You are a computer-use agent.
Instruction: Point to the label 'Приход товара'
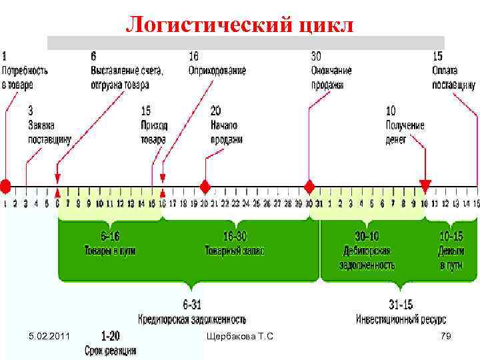pyautogui.click(x=154, y=131)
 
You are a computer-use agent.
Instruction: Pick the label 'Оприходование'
pyautogui.click(x=217, y=69)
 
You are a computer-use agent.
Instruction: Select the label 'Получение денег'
pyautogui.click(x=405, y=131)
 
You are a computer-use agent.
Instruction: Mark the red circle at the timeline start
pyautogui.click(x=5, y=185)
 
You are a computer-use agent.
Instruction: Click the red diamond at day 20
pyautogui.click(x=205, y=185)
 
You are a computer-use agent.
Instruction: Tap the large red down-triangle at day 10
pyautogui.click(x=425, y=185)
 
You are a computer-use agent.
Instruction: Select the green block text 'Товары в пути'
pyautogui.click(x=109, y=251)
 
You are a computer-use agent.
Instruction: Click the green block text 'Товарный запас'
pyautogui.click(x=234, y=251)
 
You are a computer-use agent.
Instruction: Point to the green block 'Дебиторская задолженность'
pyautogui.click(x=367, y=258)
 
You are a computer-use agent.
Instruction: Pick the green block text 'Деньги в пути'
pyautogui.click(x=451, y=258)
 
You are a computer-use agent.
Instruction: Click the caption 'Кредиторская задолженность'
pyautogui.click(x=192, y=318)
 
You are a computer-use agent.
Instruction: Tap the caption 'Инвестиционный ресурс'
pyautogui.click(x=401, y=318)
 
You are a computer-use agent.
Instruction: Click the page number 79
pyautogui.click(x=446, y=336)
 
